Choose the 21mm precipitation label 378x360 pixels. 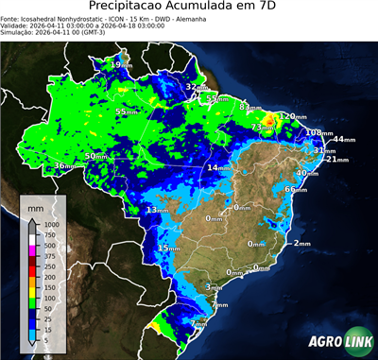(x=335, y=160)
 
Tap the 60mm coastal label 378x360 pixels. (x=296, y=190)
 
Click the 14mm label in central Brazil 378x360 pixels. (x=218, y=167)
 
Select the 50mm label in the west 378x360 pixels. (x=96, y=156)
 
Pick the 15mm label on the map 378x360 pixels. (x=167, y=249)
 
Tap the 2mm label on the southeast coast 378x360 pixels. (x=301, y=244)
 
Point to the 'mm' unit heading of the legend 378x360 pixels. (x=35, y=205)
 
